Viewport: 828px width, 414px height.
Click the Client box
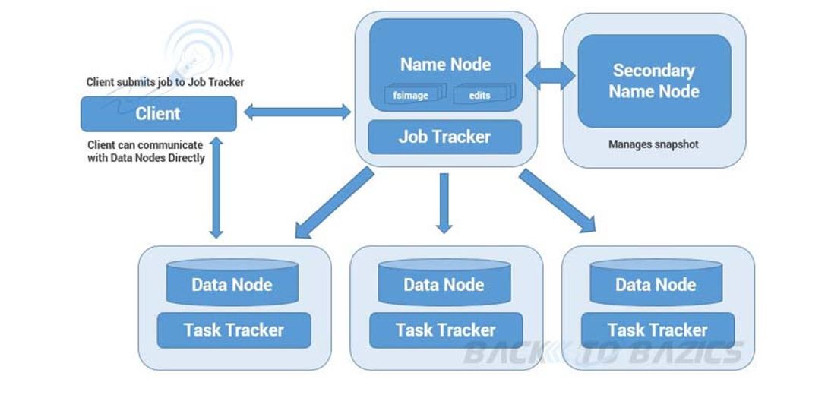point(158,114)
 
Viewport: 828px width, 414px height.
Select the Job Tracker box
point(444,137)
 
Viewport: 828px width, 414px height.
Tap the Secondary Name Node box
point(654,81)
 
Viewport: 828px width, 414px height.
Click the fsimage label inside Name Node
point(410,96)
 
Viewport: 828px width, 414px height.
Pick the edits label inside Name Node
point(480,96)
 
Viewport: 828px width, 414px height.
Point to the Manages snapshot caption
point(653,144)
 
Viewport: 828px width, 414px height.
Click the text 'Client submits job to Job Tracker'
point(165,82)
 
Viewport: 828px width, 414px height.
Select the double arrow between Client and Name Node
point(297,112)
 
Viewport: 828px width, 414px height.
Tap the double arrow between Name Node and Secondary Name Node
point(551,75)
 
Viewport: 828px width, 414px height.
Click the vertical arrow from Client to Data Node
point(216,188)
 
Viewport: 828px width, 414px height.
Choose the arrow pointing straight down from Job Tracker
point(444,202)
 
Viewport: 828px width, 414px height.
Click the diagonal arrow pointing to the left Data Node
point(334,203)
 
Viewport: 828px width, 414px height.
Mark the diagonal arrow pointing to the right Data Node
point(557,201)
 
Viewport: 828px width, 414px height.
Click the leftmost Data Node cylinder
point(232,283)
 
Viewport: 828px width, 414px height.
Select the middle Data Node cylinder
point(444,283)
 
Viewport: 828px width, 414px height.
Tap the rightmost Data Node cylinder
point(656,283)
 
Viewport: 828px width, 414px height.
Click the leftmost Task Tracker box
point(234,330)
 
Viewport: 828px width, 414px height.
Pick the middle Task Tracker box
point(445,330)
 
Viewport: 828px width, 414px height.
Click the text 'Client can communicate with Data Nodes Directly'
point(146,151)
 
